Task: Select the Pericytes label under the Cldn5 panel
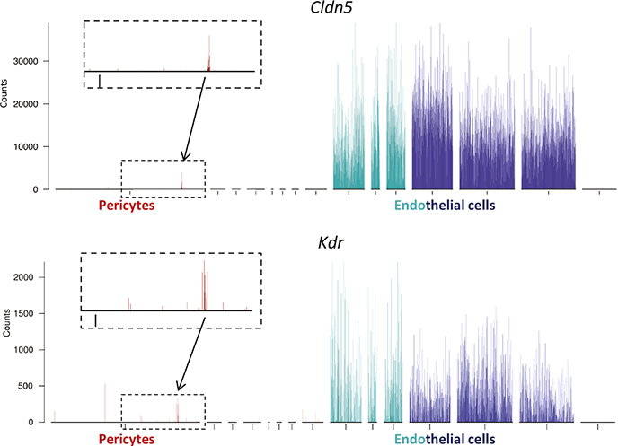coord(127,206)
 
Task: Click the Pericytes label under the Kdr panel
coord(127,439)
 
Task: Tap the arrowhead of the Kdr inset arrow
coord(180,389)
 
